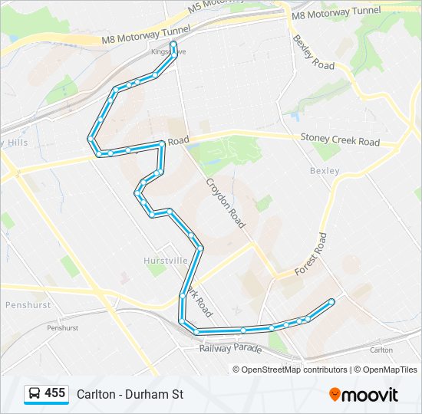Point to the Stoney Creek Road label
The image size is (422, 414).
coord(339,141)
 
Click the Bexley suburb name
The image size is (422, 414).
coord(324,170)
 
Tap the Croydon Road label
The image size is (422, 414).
coord(225,203)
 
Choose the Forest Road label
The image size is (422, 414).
coord(311,254)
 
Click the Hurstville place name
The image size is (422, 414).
coord(166,261)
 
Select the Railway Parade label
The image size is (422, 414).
coord(230,348)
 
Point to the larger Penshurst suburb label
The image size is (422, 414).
coord(28,304)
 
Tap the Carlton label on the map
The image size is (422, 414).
coord(381,350)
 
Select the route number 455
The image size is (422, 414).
coord(55,393)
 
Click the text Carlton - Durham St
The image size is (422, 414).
coord(130,394)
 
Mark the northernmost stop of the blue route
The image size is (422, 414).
coord(174,44)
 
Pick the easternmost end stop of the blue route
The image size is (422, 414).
coord(331,301)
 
